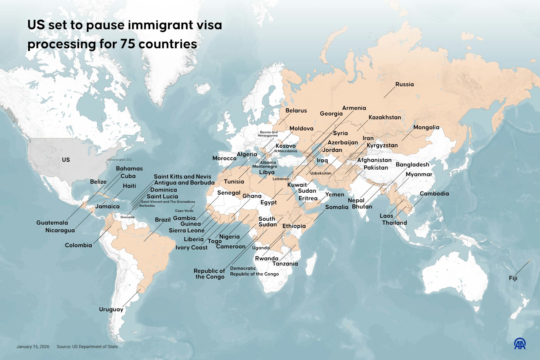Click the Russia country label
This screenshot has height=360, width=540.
click(x=404, y=84)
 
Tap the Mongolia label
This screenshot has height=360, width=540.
click(x=426, y=127)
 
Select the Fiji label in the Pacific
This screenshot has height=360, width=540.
click(x=513, y=278)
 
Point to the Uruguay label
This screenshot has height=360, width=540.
click(x=111, y=309)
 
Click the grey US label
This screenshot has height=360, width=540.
click(x=66, y=160)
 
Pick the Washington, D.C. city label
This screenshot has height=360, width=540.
click(x=120, y=159)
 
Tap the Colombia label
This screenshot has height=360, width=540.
click(x=78, y=245)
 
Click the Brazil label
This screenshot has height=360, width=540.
click(x=163, y=220)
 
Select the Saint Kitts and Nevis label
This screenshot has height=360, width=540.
click(x=182, y=177)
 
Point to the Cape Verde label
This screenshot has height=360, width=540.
click(x=184, y=211)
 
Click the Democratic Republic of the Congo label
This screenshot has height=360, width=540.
click(x=254, y=271)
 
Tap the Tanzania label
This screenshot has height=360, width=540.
click(x=285, y=264)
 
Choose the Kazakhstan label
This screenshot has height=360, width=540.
click(x=385, y=117)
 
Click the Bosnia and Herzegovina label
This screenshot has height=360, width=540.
click(x=268, y=134)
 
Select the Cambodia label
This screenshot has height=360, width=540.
click(x=434, y=193)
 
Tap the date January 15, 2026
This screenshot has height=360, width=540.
click(x=33, y=346)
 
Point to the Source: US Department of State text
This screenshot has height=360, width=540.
click(x=87, y=346)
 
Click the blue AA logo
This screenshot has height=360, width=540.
click(x=520, y=344)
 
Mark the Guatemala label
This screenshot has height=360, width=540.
click(x=52, y=223)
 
